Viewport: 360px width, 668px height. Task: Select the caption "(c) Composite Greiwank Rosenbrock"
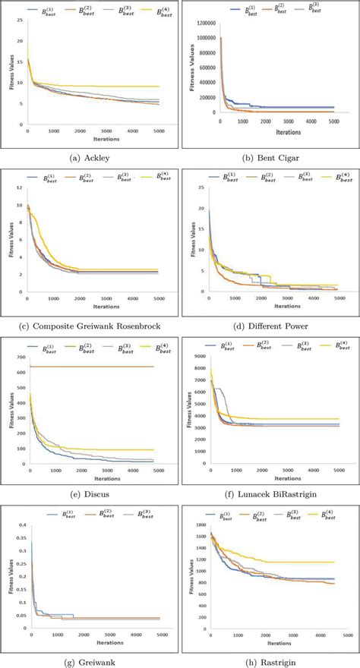90,326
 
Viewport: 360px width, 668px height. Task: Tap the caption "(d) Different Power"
270,326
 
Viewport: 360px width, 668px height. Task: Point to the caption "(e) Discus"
90,493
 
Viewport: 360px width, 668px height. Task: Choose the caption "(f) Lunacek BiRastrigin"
270,493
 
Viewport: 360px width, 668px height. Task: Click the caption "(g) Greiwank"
90,661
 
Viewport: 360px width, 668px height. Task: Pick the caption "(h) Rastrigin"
270,661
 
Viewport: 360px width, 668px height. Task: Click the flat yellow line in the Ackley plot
114,87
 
